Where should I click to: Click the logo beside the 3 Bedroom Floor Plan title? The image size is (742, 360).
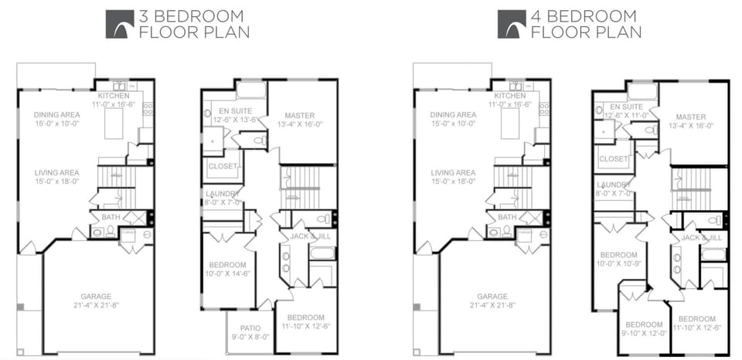pos(120,24)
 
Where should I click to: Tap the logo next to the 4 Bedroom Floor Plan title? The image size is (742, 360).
pos(512,24)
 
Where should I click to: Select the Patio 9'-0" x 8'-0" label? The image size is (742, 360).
pos(250,332)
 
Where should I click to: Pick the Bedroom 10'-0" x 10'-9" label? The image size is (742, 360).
pos(619,260)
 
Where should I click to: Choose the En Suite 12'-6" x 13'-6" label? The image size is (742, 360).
pos(233,115)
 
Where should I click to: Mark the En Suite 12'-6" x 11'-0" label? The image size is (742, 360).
pos(628,110)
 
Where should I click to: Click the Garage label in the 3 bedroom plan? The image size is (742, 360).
pos(97,301)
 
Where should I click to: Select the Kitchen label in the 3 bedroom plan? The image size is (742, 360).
pos(114,99)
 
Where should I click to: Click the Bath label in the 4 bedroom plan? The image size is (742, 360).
pos(507,217)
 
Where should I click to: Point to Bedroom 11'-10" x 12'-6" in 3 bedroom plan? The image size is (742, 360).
pos(305,321)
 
